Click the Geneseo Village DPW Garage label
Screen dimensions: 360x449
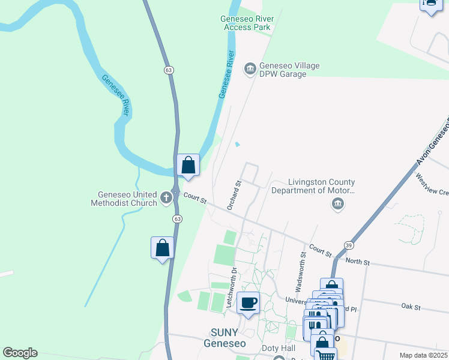tap(289, 70)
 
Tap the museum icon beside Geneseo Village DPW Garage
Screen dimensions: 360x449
tap(250, 70)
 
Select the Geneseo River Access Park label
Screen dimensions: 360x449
tap(247, 23)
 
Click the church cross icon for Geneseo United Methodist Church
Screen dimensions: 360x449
tap(166, 196)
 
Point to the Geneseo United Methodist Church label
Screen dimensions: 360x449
tap(128, 199)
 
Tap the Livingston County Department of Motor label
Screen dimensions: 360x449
tap(313, 187)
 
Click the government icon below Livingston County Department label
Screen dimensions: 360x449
tap(338, 205)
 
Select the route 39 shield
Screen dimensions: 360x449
tap(349, 245)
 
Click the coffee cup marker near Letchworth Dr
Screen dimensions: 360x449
tap(247, 302)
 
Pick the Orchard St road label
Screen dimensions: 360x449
tap(234, 195)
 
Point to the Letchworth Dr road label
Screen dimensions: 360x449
tap(231, 288)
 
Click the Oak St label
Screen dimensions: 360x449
tap(412, 307)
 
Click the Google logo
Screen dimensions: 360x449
tap(20, 353)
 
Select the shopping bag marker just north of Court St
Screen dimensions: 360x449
tap(188, 165)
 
